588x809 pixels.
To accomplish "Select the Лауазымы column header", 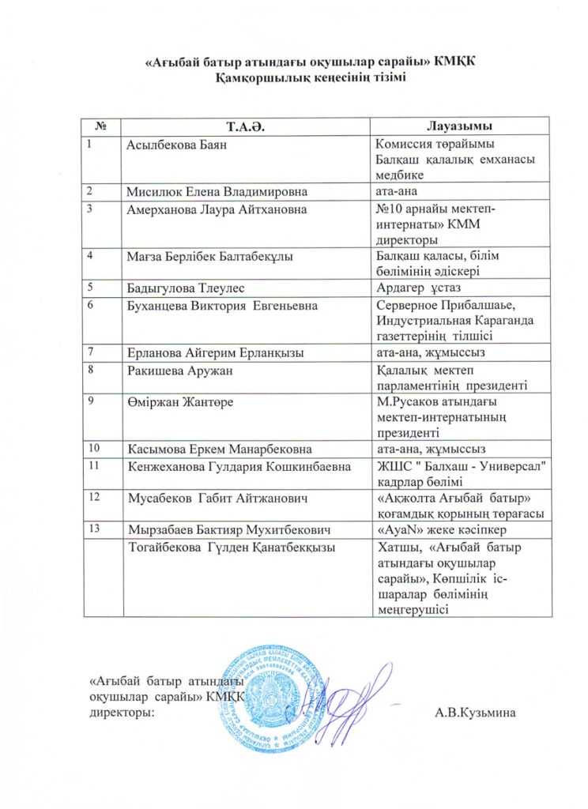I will [x=459, y=126].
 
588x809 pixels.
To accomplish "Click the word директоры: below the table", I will [x=121, y=713].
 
